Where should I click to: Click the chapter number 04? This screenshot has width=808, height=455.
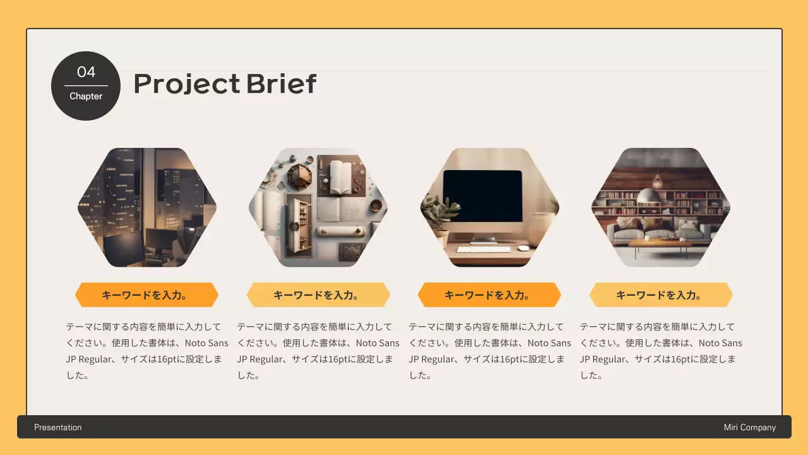pos(86,72)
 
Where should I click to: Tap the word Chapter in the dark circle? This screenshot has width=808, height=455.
pos(86,96)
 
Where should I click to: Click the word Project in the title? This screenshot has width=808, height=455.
pos(186,83)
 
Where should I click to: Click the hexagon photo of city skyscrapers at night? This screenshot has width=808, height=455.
pos(146,207)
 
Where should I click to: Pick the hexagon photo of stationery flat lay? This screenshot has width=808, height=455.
pos(318,207)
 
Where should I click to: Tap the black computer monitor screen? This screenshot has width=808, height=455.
pos(483,196)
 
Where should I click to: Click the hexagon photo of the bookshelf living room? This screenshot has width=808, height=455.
pos(660,207)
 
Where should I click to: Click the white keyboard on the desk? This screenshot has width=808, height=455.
pos(484,249)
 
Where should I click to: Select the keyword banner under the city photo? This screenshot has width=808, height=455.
pos(146,295)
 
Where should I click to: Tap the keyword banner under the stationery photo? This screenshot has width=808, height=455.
pos(318,295)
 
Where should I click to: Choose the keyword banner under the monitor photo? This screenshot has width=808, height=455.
pos(489,295)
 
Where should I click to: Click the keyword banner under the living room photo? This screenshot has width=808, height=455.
pos(660,295)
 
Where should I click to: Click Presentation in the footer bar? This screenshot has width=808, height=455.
pos(58,427)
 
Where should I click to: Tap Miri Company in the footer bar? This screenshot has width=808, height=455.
pos(750,427)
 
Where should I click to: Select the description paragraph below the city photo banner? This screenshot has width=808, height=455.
pos(146,351)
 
